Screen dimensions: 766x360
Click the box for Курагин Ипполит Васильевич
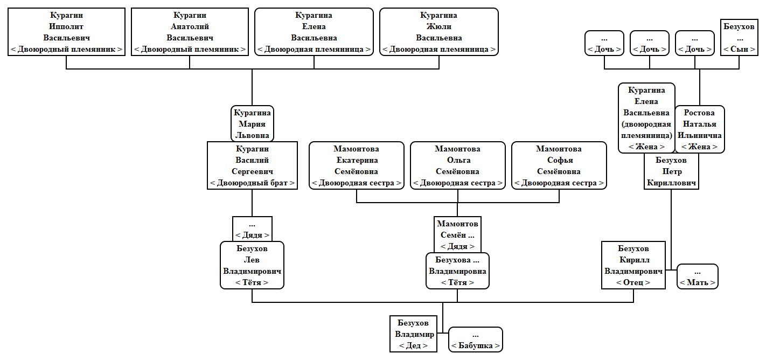tap(66, 32)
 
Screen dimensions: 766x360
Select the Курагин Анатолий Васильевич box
tap(190, 32)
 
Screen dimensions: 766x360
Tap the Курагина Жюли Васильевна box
tap(438, 32)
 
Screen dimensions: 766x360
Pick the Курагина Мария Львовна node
tap(252, 123)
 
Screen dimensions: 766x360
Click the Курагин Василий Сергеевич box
tap(252, 165)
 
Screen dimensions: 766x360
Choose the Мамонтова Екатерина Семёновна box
tap(356, 165)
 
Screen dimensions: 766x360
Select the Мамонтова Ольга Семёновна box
tap(457, 165)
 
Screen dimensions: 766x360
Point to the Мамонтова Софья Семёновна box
tap(559, 165)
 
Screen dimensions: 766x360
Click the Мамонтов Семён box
tap(457, 235)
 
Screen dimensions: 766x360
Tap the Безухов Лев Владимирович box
tap(252, 265)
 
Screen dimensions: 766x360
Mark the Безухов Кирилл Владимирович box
tap(633, 265)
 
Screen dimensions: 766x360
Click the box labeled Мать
tap(697, 276)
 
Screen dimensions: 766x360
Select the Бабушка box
tap(475, 340)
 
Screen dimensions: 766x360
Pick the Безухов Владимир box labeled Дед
tap(413, 334)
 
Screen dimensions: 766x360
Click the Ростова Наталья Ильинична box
tap(699, 129)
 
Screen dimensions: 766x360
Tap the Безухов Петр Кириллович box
tap(671, 171)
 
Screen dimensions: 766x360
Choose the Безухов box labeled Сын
tap(739, 37)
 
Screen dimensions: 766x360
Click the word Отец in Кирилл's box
tap(633, 282)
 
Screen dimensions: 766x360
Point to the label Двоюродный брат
tap(252, 183)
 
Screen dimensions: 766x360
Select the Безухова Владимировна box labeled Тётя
tap(457, 271)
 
